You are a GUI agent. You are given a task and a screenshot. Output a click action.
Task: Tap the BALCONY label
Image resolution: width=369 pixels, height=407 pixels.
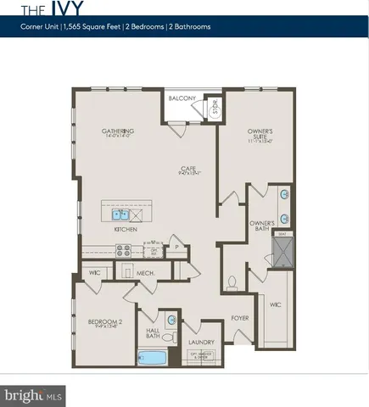point(182,98)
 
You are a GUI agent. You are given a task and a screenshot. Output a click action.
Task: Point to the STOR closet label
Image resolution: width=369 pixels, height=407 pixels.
point(215,107)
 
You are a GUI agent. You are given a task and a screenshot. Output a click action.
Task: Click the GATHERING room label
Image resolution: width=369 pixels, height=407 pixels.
point(119,131)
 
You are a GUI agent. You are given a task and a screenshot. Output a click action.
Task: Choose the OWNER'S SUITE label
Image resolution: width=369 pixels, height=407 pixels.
point(260,133)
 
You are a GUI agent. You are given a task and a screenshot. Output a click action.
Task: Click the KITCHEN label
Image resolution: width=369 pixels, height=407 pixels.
point(126,230)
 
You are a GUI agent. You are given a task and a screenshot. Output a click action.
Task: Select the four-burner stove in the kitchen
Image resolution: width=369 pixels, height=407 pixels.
point(122,250)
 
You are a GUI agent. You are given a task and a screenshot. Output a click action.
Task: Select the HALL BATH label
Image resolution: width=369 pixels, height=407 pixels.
point(154,333)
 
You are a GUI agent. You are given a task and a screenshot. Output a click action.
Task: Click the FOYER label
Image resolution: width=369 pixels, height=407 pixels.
point(240,319)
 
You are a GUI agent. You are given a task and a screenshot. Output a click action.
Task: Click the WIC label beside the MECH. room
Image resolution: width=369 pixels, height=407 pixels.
point(95,273)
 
